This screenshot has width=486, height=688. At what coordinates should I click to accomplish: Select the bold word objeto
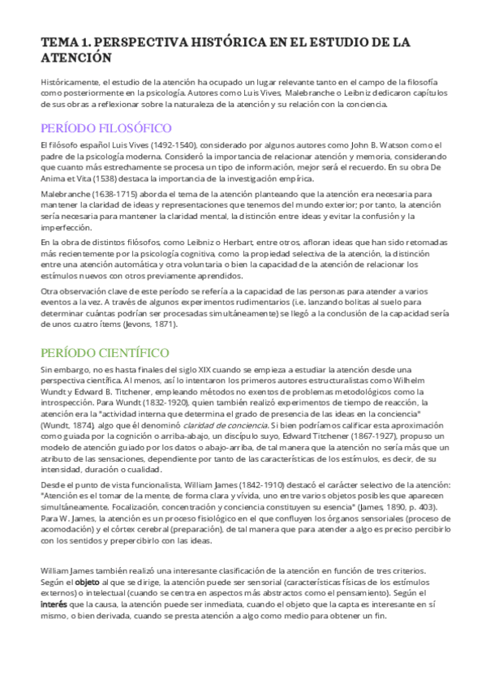87,583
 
